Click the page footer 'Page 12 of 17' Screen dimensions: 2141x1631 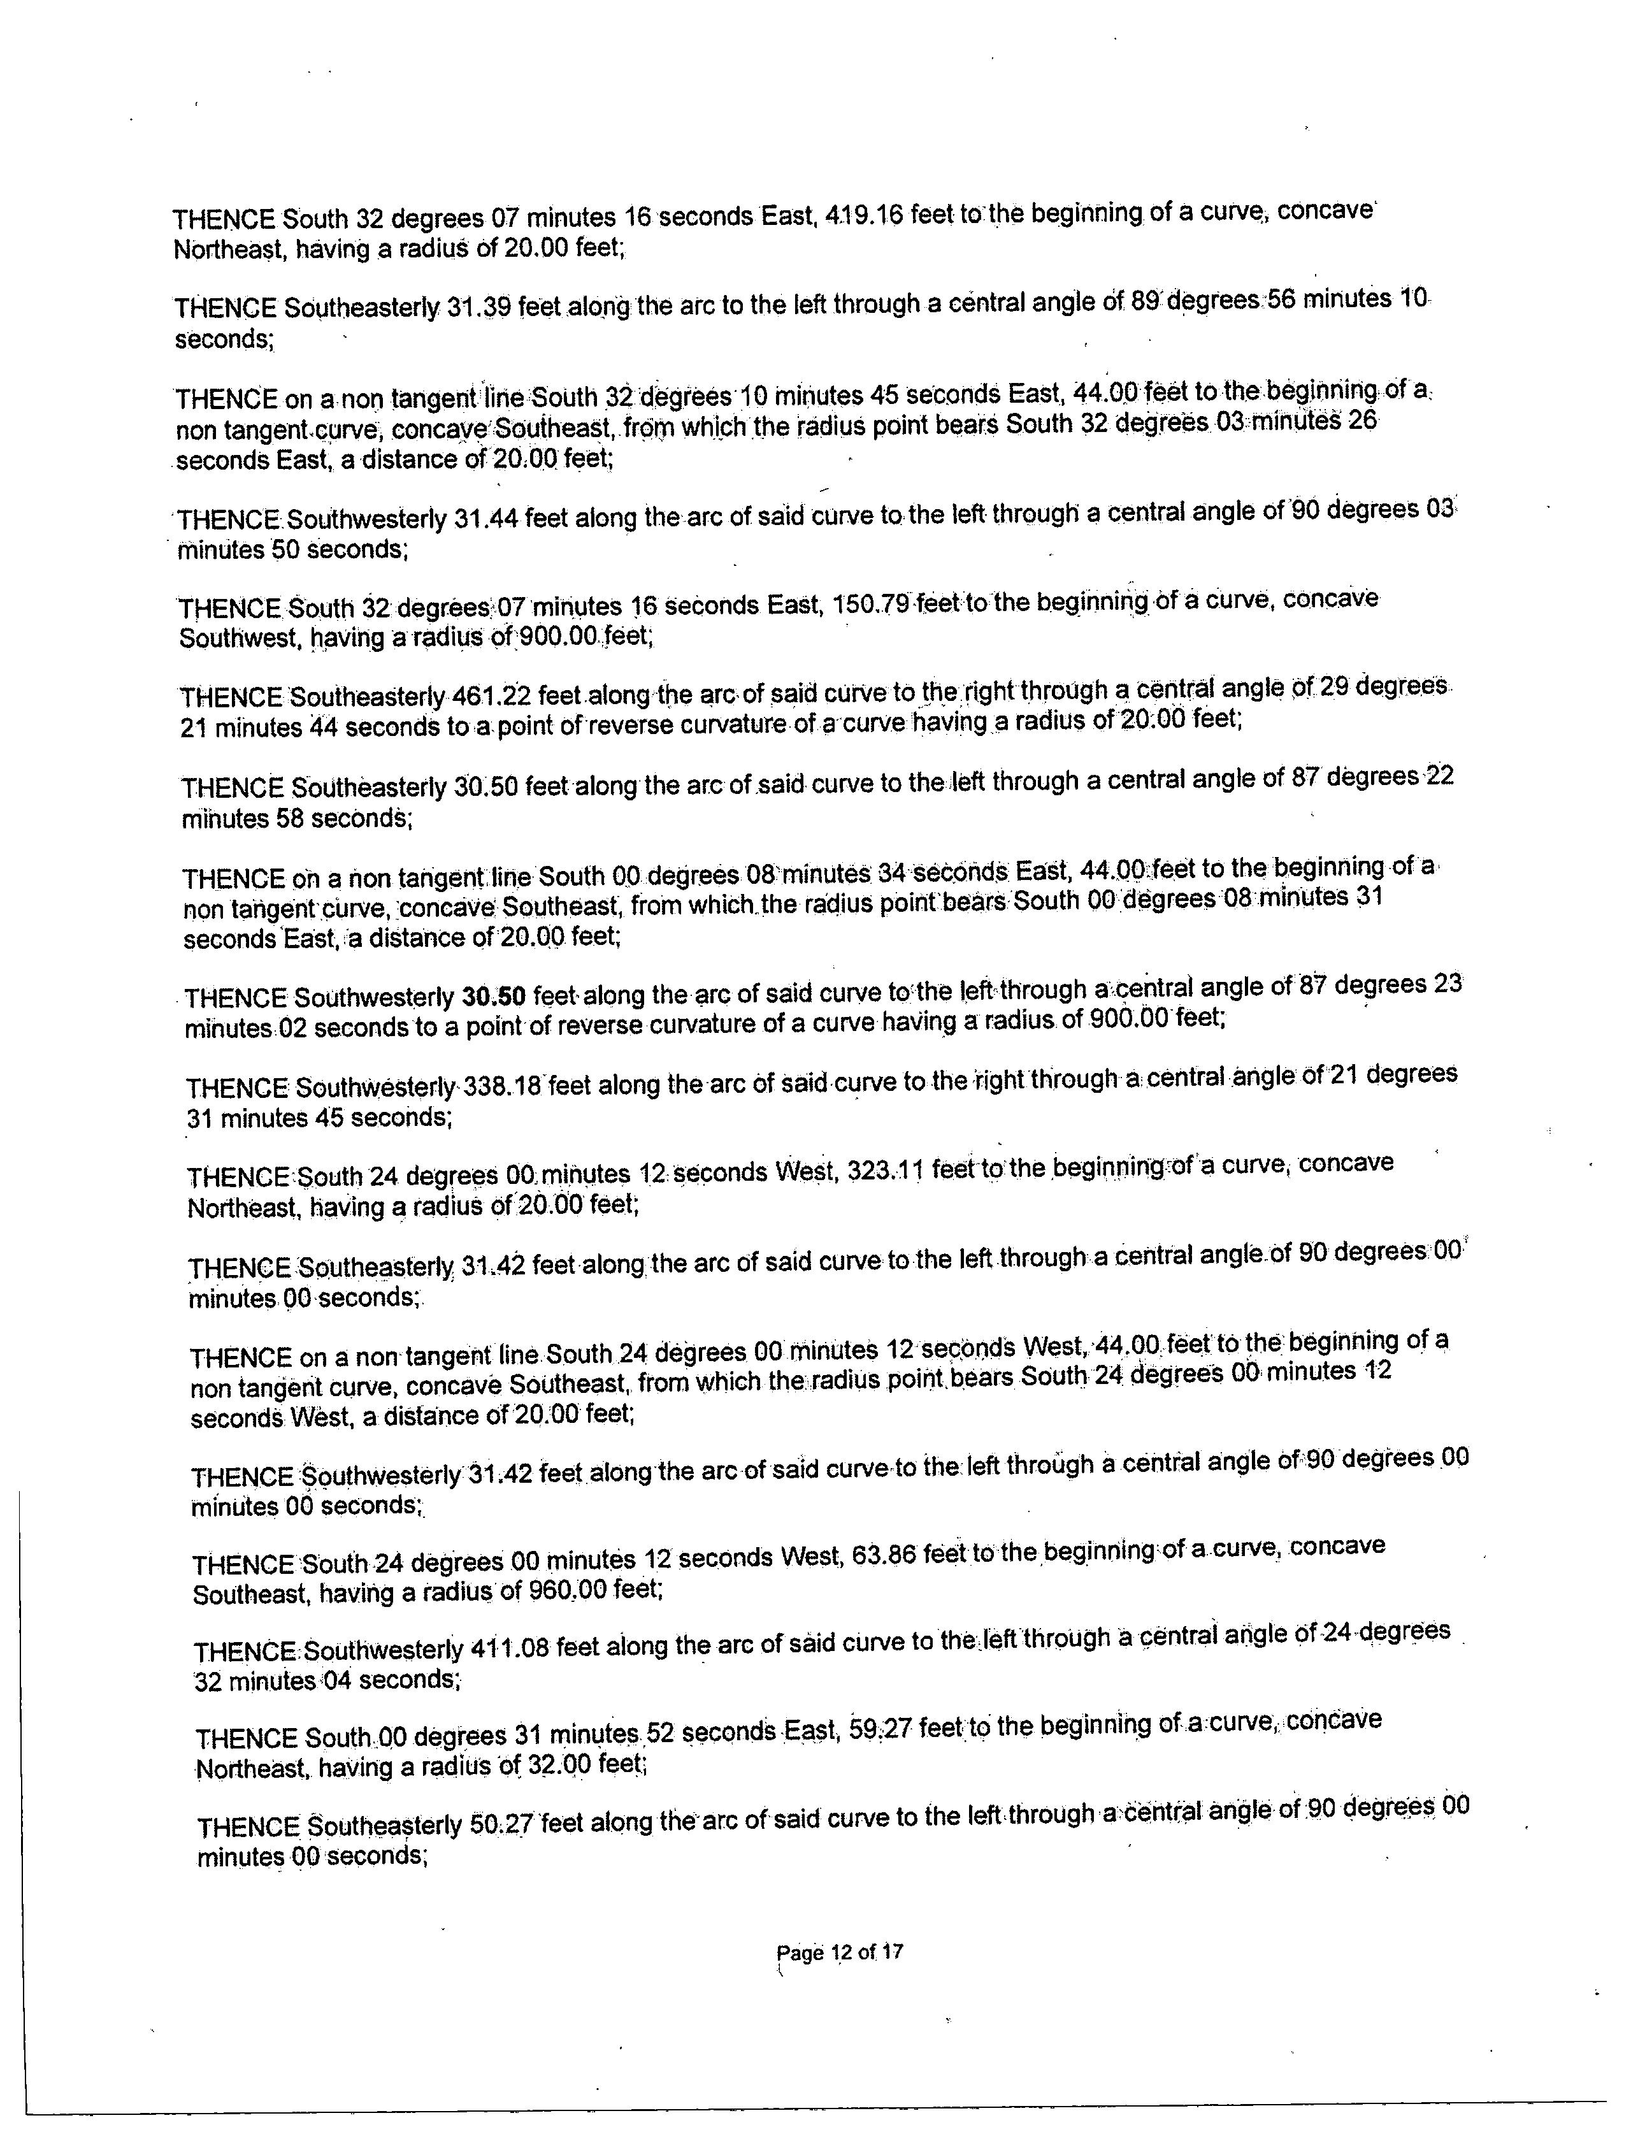(840, 1952)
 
